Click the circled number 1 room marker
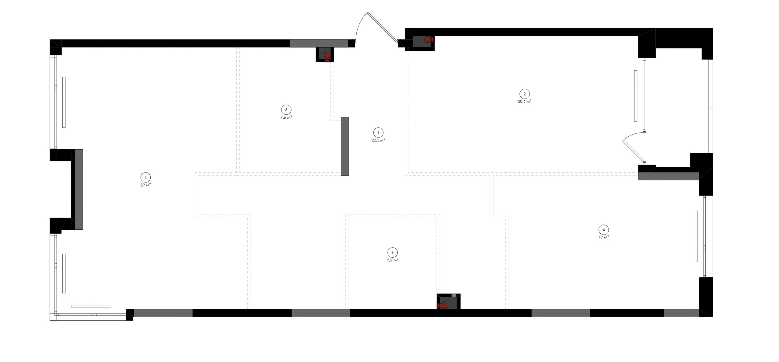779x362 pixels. point(378,133)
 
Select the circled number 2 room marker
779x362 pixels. point(525,94)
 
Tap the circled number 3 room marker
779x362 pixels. point(145,177)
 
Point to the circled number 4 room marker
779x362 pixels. point(604,230)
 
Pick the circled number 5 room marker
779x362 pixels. point(286,110)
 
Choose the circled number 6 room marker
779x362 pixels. point(393,252)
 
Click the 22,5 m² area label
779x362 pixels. point(379,140)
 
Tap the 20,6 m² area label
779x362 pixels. point(525,101)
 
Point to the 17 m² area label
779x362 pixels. point(604,237)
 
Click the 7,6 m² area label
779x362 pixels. point(286,117)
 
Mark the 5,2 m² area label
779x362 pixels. point(393,260)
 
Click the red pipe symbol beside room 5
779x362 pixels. point(327,56)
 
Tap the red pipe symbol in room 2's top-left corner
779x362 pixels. point(428,40)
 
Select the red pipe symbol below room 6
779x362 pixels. point(443,306)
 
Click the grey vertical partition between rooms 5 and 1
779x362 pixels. point(345,146)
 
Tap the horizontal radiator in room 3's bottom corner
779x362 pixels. point(91,306)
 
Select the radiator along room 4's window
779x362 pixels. point(696,236)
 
